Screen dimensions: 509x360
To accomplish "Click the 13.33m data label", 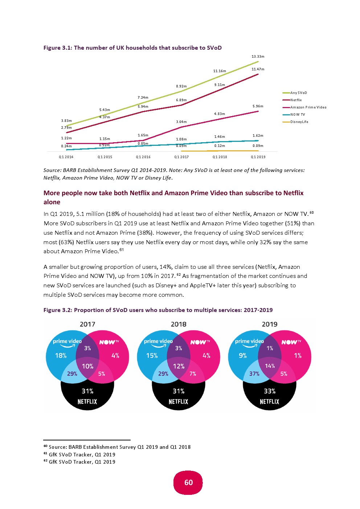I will click(x=258, y=57).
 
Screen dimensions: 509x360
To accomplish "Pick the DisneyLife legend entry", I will click(x=299, y=122).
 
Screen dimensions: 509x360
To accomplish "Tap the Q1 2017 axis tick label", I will click(x=181, y=157).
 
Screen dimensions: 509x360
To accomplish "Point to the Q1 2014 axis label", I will click(x=66, y=157).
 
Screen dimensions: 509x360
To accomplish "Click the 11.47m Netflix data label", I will click(x=258, y=69).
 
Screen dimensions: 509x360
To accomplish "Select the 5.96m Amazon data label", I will click(x=258, y=106).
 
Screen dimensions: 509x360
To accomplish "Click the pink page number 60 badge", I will click(x=188, y=483).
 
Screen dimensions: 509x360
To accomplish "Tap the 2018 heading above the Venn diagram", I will click(x=179, y=324).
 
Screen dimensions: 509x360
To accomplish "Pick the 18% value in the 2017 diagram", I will click(x=61, y=356).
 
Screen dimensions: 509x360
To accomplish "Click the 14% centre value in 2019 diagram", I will click(x=270, y=366).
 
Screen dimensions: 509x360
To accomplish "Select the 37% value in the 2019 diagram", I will click(x=254, y=374).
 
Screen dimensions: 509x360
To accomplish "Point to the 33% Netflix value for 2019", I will click(x=269, y=391).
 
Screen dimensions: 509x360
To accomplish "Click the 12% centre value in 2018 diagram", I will click(x=179, y=366).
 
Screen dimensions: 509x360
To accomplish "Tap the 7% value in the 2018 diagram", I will click(x=193, y=374).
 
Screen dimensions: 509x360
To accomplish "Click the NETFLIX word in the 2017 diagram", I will click(x=87, y=402).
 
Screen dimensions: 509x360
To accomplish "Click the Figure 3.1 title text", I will click(x=132, y=48).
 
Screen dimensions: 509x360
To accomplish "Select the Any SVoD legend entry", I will click(x=298, y=93).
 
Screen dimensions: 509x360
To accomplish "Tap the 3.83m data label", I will click(x=66, y=121).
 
